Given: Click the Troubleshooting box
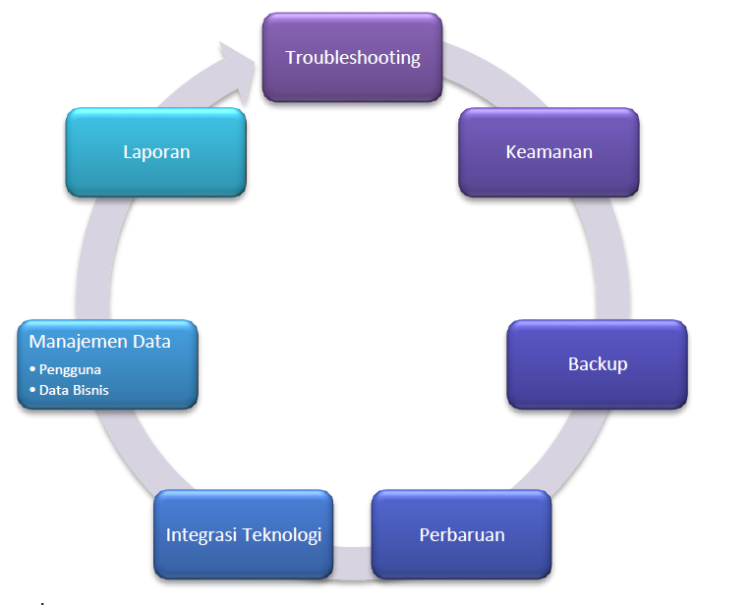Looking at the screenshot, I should point(352,57).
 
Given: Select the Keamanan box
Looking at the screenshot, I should point(549,152).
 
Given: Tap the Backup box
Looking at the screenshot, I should point(597,364).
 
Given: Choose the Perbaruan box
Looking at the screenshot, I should point(461,535).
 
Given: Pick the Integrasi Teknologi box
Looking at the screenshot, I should point(244,535).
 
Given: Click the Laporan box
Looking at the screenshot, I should point(155,152).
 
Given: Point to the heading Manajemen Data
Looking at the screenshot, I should point(100,342).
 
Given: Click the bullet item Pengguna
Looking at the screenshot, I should point(69,369).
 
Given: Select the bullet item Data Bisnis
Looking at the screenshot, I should point(75,390).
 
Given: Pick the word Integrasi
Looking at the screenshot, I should point(200,535).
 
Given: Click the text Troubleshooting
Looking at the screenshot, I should point(352,57).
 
